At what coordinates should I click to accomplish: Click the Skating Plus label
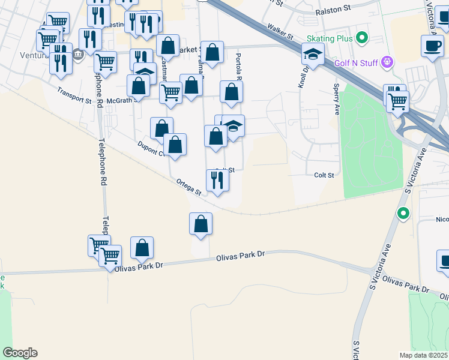point(329,39)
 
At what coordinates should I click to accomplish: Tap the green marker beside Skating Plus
point(361,39)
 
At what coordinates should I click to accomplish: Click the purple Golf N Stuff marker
point(388,62)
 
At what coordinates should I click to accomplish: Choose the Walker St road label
point(280,31)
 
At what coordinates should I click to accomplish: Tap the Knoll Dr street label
point(303,77)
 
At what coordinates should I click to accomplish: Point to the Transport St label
point(74,95)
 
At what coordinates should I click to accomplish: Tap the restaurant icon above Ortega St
point(217,180)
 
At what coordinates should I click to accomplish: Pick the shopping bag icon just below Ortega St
point(201,224)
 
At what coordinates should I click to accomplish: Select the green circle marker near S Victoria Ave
point(404,213)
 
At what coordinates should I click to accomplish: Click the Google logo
point(20,353)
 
